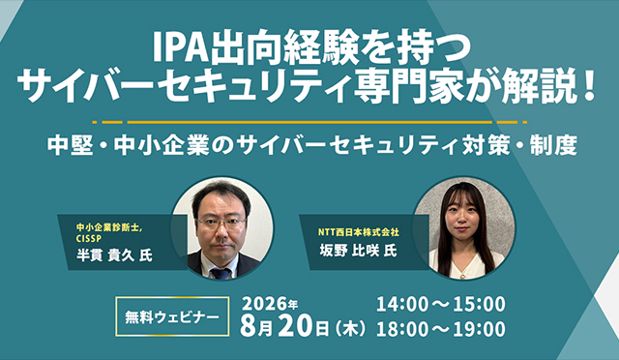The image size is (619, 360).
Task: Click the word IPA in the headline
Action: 181,47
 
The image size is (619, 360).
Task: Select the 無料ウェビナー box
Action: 172,316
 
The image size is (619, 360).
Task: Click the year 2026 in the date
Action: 264,304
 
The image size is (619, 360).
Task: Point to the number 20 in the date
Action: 297,328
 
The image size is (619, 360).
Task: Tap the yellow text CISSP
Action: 89,239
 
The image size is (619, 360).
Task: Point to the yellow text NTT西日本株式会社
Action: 359,232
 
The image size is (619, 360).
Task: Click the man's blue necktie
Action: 221,273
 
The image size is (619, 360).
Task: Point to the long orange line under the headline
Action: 309,122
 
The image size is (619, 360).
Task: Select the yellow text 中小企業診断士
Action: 109,227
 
